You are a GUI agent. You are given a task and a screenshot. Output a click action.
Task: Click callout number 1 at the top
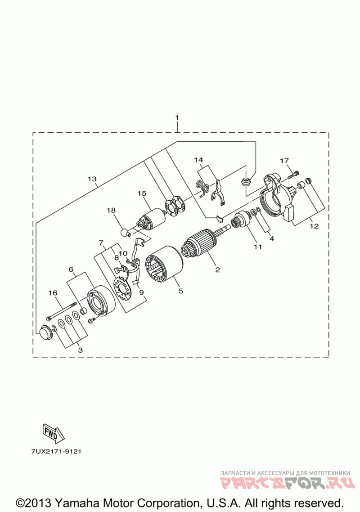tap(177, 117)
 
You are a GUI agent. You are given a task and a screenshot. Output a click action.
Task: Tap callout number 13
tap(92, 179)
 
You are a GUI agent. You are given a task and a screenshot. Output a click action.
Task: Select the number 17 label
tap(284, 161)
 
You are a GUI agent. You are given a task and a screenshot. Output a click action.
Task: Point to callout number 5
tap(180, 291)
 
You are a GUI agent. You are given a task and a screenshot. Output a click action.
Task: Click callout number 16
tap(53, 293)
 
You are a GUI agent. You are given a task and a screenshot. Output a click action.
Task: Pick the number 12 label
tap(314, 226)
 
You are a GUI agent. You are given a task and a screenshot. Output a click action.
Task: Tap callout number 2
tap(217, 270)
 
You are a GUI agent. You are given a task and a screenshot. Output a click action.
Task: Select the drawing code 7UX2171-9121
tap(52, 450)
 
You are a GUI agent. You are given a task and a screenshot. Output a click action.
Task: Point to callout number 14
tap(198, 160)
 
